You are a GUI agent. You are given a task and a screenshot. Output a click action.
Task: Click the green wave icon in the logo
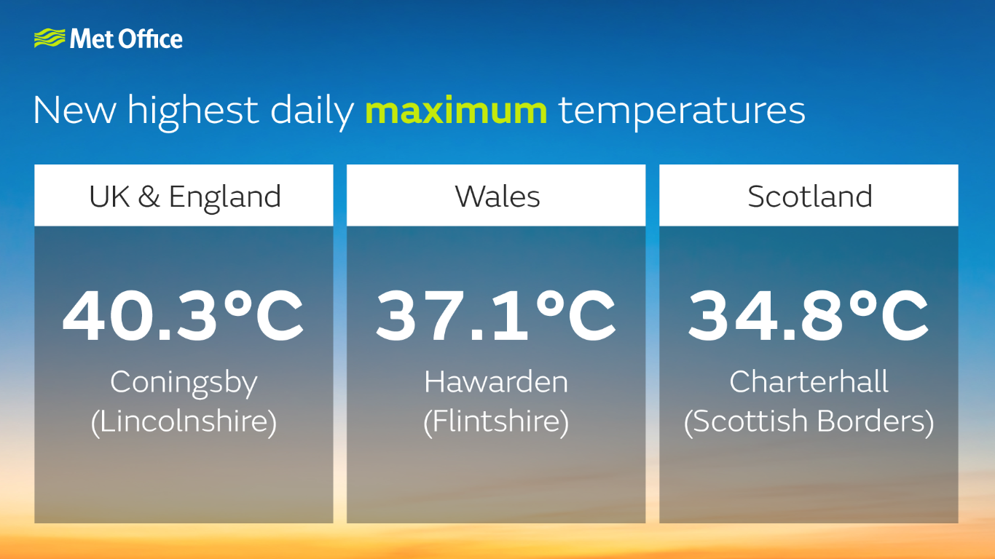tap(50, 38)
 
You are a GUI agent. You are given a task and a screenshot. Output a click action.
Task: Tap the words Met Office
tap(126, 39)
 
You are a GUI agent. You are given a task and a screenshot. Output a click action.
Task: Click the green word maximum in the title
tap(456, 111)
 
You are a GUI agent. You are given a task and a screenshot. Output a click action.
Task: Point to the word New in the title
tap(74, 111)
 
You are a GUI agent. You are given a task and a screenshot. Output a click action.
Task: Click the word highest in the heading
tap(193, 112)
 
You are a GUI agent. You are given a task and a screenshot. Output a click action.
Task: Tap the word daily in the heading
tap(312, 112)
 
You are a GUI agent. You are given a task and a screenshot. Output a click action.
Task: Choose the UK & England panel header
tap(184, 195)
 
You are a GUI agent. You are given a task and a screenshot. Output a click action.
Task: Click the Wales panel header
tap(496, 195)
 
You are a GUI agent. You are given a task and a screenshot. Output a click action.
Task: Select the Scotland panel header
tap(809, 195)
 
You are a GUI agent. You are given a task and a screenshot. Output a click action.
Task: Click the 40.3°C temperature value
tap(183, 316)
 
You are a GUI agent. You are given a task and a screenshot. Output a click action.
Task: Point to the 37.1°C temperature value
tap(496, 316)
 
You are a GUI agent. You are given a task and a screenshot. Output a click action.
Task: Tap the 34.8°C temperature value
tap(809, 316)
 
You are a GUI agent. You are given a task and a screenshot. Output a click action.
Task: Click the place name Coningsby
tap(184, 383)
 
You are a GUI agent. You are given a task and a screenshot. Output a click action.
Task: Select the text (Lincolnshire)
tap(184, 422)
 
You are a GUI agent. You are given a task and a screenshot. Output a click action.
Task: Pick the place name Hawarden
tap(496, 381)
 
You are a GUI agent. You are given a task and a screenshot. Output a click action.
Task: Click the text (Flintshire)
tap(496, 422)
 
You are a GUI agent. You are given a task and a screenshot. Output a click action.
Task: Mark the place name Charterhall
tap(809, 381)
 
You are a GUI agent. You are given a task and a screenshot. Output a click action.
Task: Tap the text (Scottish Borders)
tap(809, 422)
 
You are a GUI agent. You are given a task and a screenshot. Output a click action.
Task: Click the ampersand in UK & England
tap(149, 197)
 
